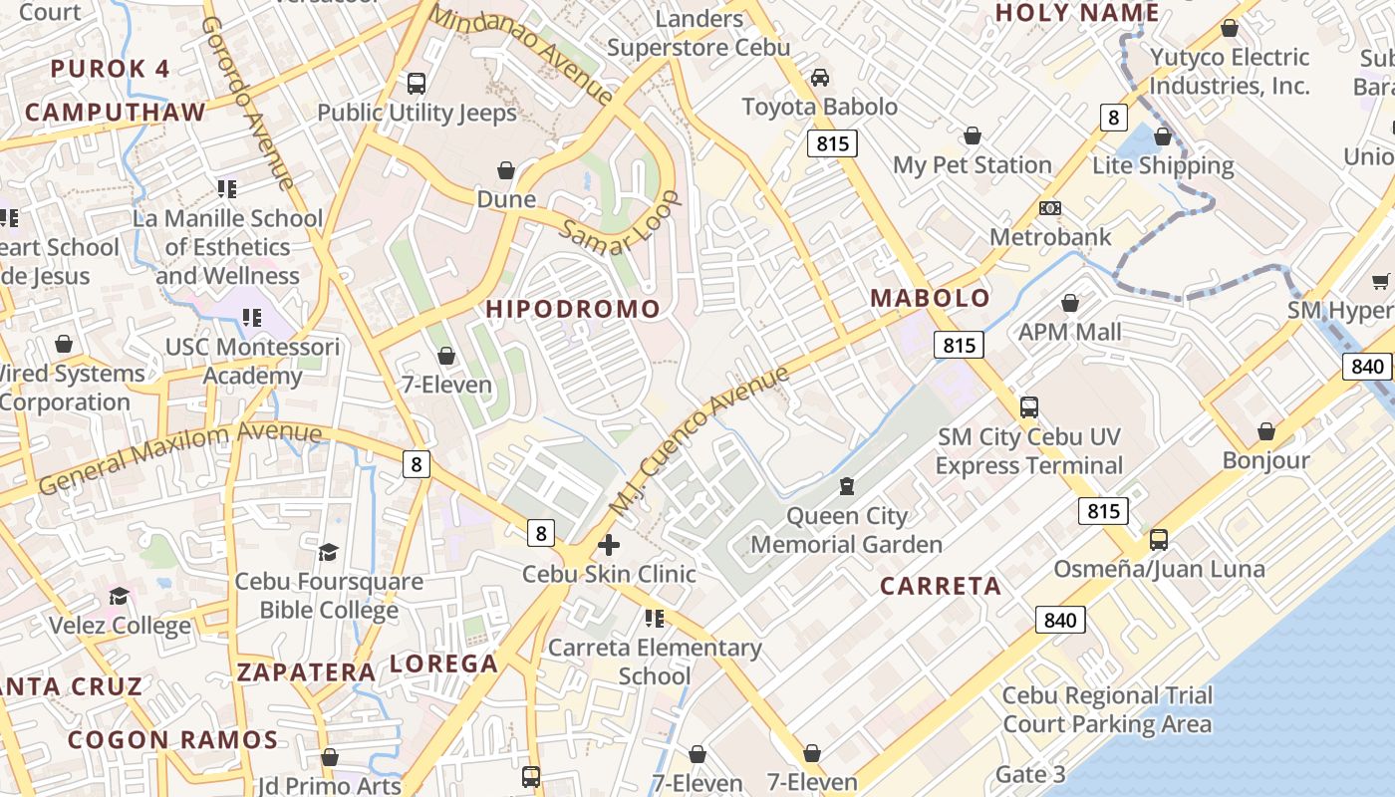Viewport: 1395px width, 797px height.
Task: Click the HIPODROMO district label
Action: coord(573,309)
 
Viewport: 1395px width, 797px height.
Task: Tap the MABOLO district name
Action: coord(931,298)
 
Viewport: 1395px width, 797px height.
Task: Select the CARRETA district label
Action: coord(941,586)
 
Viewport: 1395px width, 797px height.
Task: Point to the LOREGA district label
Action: coord(443,664)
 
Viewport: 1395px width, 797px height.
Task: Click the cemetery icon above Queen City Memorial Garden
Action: coord(846,486)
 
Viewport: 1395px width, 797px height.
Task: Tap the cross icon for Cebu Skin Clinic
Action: coord(609,545)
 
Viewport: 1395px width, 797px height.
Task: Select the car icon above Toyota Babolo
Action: coord(819,77)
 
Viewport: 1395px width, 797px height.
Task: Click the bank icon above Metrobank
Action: coord(1050,208)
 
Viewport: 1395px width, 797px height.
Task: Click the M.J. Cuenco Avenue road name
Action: coord(698,441)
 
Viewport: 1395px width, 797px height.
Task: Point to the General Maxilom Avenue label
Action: coord(180,455)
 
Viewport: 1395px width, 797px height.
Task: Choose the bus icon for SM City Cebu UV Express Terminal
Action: coord(1028,407)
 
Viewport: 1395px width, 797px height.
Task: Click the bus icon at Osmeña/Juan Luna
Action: coord(1159,540)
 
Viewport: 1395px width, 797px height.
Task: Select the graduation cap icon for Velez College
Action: coord(120,596)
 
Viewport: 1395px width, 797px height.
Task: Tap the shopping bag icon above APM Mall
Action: coord(1070,303)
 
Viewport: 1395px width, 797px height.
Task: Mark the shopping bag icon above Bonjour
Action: coord(1265,431)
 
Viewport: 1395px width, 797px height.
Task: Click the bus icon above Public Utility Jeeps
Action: coord(417,83)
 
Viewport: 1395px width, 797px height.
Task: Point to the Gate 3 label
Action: coord(1030,774)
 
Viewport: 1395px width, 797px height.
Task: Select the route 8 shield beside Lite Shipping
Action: coord(1114,118)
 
